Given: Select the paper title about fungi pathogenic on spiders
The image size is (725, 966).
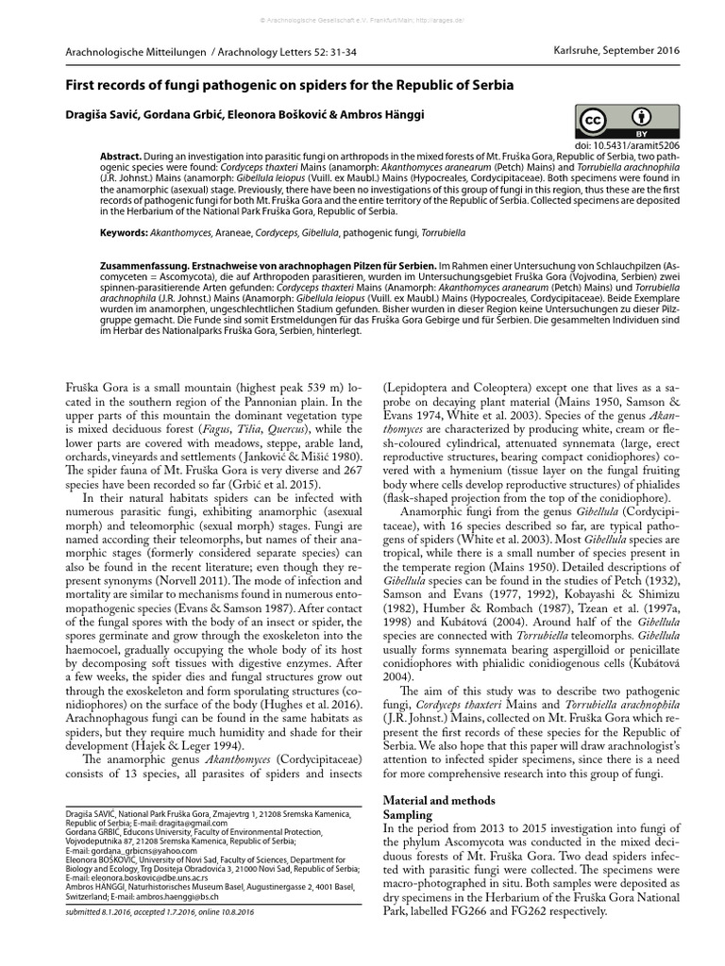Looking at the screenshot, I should [288, 85].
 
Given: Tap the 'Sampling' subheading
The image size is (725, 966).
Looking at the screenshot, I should [407, 814].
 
